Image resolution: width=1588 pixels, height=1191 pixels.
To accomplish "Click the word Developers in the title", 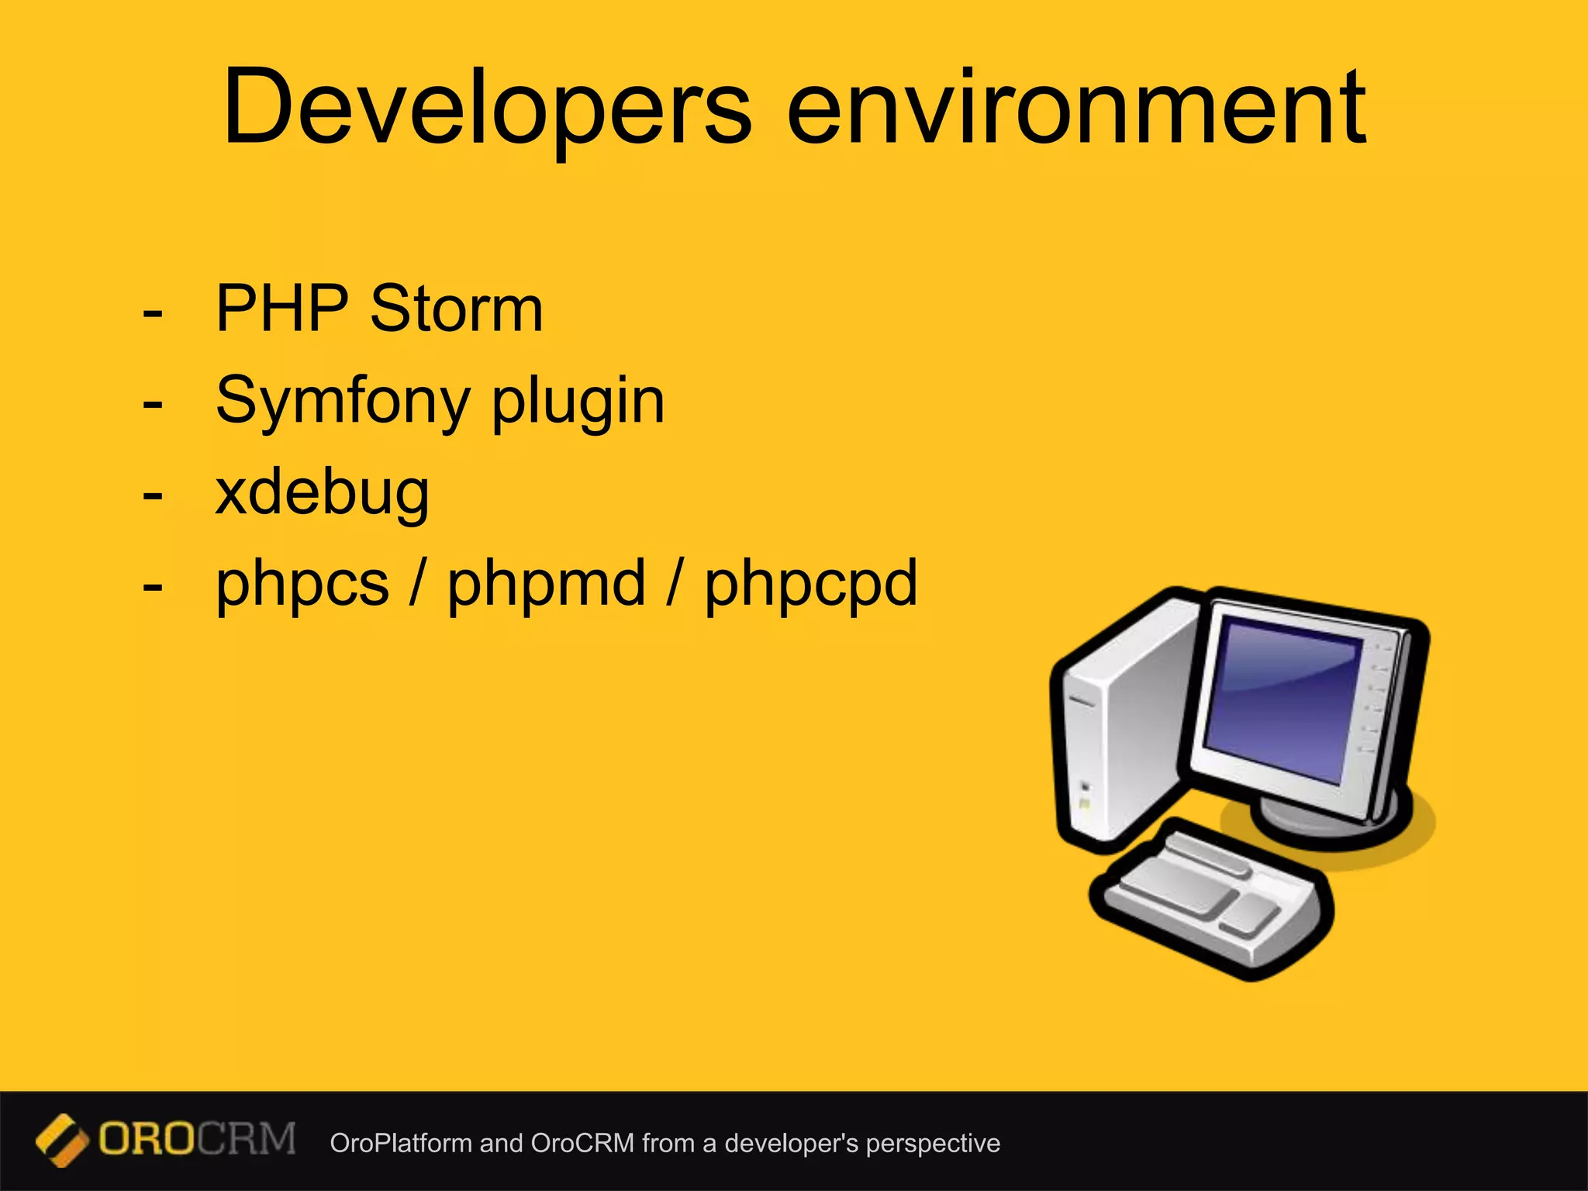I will coord(487,109).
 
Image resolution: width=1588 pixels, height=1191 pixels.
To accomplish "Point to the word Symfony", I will coord(342,402).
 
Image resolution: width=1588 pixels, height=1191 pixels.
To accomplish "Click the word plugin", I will coord(578,402).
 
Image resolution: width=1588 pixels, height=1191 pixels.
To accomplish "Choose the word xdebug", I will coord(322,493).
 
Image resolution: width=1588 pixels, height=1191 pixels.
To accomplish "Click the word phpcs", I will coord(302,585).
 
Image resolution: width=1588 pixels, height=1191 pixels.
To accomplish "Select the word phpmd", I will coord(546,585).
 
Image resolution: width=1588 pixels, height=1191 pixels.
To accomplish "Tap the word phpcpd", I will coord(811,585).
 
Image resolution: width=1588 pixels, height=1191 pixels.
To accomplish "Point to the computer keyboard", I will coord(1210,899).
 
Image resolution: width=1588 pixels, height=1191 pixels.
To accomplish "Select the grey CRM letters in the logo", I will coord(247,1138).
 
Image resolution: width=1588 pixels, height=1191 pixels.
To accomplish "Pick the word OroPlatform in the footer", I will coord(400,1143).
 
